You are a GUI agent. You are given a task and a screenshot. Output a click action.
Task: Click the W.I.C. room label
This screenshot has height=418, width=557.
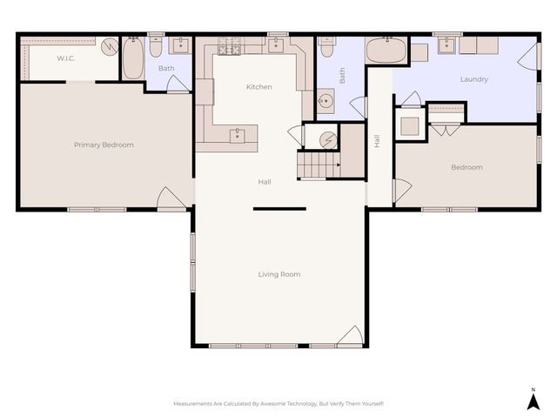click(x=67, y=58)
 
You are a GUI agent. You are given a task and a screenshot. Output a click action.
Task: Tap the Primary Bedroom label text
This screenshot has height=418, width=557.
click(x=104, y=145)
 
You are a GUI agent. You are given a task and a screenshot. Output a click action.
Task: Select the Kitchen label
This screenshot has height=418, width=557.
click(x=258, y=87)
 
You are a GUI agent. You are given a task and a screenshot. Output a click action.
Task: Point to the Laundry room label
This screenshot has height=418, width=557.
click(x=473, y=79)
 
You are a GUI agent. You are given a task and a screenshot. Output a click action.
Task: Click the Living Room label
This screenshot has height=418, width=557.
click(x=278, y=274)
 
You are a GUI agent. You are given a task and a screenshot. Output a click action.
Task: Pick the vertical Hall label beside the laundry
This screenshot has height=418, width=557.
click(x=377, y=140)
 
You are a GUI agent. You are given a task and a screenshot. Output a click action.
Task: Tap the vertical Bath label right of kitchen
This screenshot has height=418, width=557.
click(x=342, y=77)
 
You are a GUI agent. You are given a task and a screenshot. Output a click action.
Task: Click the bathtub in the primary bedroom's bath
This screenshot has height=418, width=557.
click(x=133, y=58)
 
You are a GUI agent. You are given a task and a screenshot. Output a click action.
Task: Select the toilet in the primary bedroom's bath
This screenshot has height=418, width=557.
click(x=156, y=45)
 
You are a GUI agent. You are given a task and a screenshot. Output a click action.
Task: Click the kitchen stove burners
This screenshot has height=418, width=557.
click(x=230, y=45)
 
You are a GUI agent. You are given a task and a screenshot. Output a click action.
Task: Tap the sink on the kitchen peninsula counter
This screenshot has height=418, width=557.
click(x=237, y=135)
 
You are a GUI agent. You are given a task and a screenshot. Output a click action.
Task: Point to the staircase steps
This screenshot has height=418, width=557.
click(x=319, y=164)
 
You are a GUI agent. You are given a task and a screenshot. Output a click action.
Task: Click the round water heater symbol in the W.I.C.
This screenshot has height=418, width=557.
click(x=110, y=47)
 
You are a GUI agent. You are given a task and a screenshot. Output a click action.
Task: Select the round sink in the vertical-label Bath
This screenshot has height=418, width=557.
click(x=326, y=101)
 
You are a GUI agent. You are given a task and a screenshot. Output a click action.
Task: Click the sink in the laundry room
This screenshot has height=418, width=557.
click(x=446, y=45)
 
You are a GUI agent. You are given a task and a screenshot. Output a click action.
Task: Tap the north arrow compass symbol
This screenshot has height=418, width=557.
click(x=534, y=400)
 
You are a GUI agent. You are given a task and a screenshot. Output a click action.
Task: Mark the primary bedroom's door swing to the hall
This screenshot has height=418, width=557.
click(x=171, y=199)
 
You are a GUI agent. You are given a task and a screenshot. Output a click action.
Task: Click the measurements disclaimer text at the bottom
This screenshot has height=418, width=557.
click(x=278, y=404)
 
